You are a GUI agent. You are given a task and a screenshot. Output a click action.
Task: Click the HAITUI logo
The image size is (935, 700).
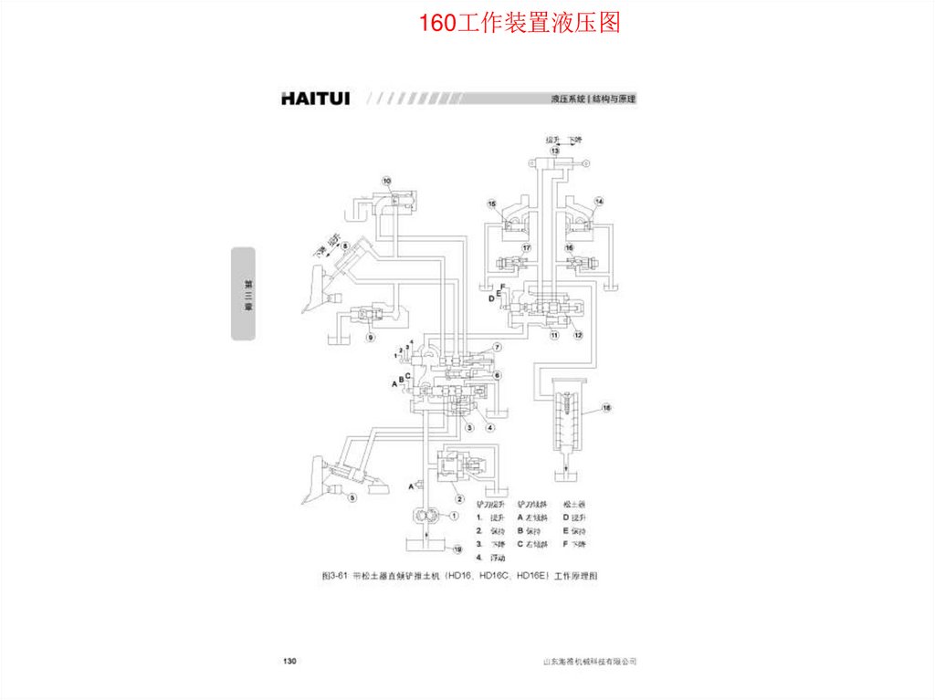point(320,98)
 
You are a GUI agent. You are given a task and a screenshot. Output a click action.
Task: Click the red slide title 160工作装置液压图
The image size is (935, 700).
point(519,23)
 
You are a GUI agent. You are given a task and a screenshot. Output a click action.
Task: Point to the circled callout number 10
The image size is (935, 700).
point(386,181)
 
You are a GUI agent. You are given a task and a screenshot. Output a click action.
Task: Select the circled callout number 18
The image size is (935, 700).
point(606,407)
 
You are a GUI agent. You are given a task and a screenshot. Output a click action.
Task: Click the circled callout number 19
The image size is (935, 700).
point(457,549)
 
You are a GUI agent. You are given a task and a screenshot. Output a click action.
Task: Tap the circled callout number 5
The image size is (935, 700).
point(352,497)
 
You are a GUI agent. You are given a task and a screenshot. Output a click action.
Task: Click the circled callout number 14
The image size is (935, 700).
point(599,201)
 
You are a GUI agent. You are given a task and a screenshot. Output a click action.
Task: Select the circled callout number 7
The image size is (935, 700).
point(498,348)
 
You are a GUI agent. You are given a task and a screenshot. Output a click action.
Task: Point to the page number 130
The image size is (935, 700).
point(290,660)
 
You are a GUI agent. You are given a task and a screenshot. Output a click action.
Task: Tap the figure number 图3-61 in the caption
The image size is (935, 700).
point(336,576)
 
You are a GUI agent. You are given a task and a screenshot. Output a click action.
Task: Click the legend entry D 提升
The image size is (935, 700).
point(573,517)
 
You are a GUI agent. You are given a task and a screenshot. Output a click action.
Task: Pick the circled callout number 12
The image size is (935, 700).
point(577,335)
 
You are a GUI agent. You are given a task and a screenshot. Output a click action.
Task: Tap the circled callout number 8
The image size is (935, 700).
point(345,246)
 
